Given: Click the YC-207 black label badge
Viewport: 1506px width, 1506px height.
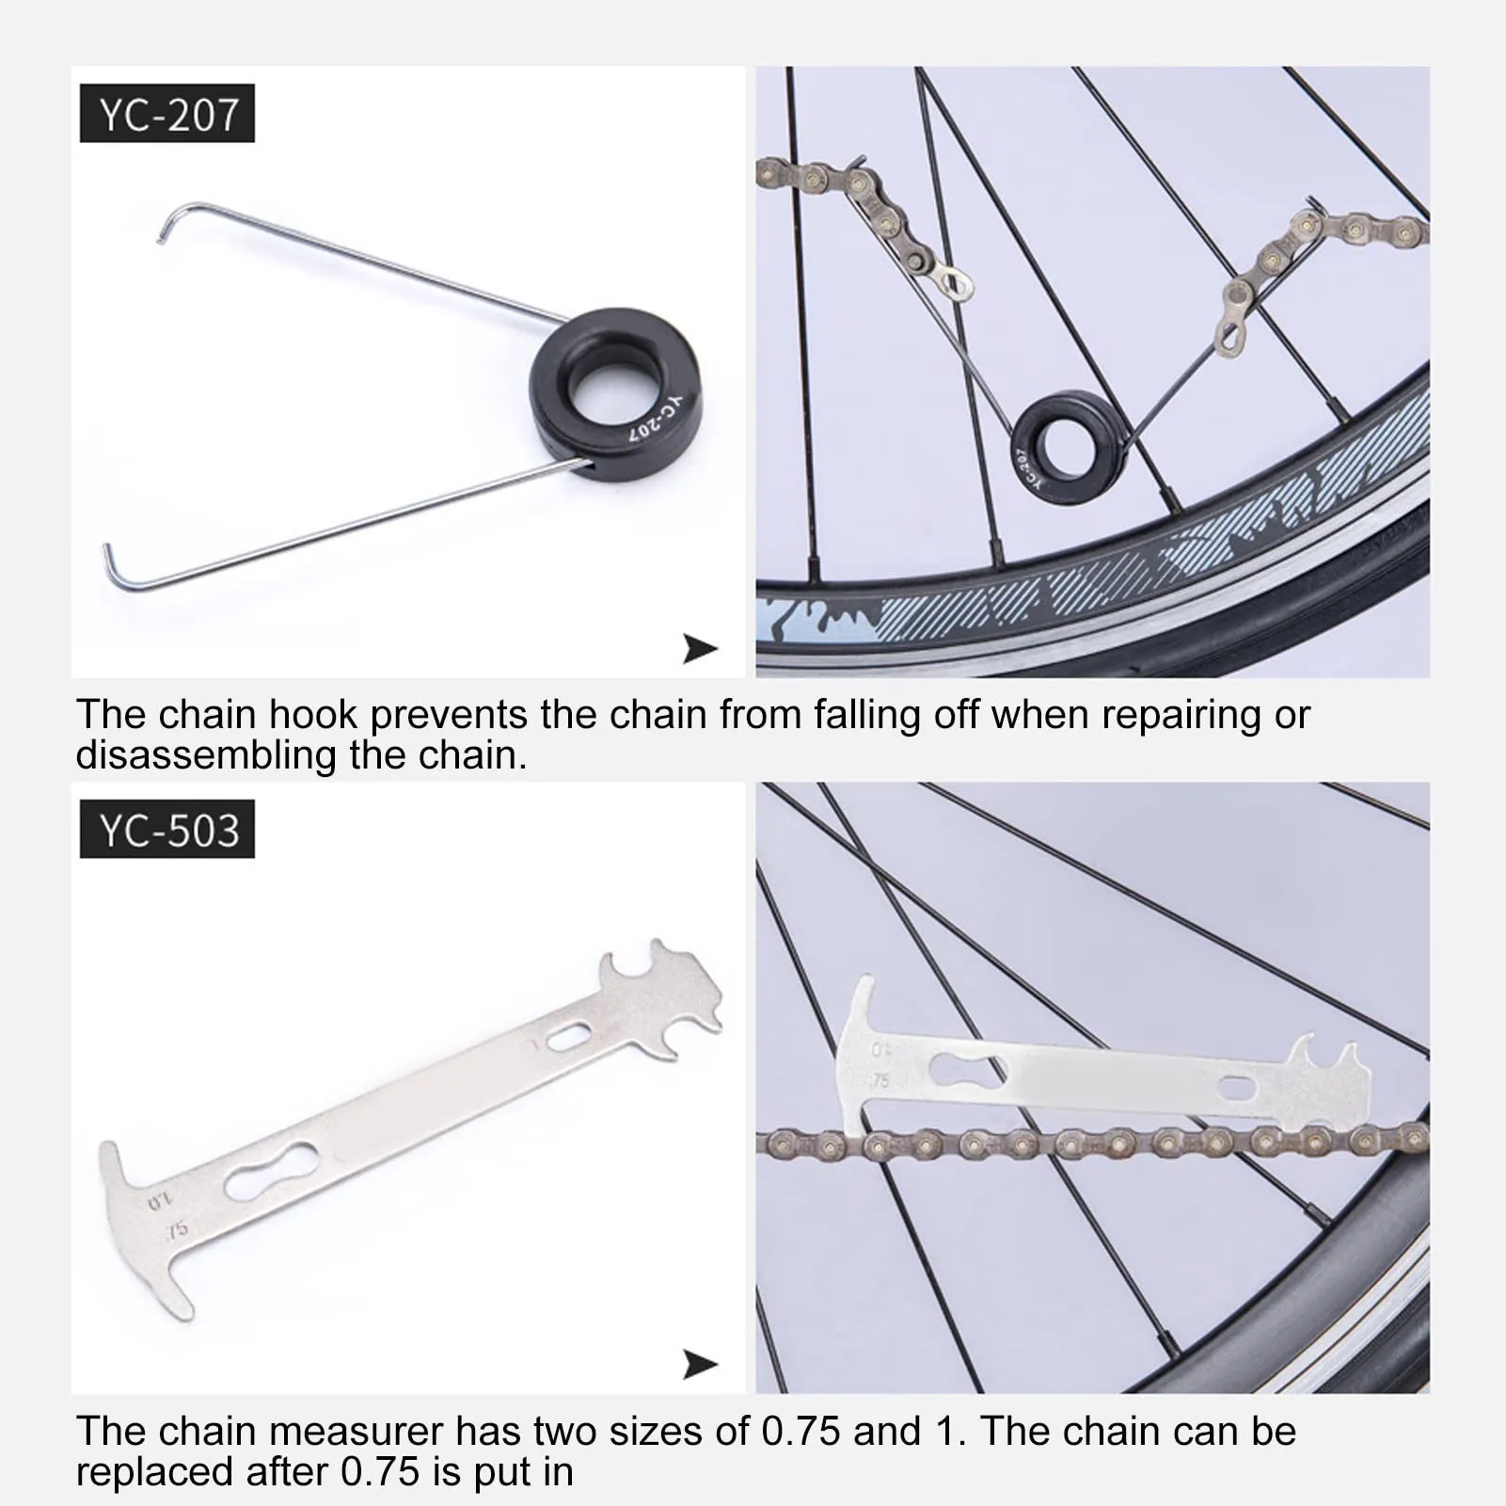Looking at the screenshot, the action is click(167, 114).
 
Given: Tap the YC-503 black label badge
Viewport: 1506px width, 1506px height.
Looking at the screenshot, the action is click(167, 830).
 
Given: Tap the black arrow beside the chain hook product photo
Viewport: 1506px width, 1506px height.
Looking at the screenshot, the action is click(700, 648).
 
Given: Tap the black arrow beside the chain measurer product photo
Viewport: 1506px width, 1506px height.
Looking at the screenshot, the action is click(700, 1364).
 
